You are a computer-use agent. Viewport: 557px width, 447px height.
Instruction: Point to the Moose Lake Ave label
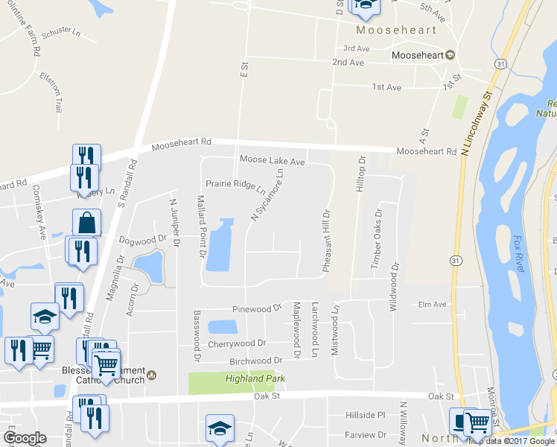273,161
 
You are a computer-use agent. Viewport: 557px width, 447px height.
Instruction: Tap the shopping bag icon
86,222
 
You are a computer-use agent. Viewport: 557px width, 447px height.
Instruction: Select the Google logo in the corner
25,437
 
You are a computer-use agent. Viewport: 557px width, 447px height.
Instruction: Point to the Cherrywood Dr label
238,343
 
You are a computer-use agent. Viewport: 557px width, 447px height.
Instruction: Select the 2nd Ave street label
348,63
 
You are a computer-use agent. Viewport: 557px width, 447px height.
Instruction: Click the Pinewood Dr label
258,307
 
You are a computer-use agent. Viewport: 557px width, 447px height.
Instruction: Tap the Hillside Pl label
365,415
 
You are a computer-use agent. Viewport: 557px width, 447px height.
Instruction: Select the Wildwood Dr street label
394,286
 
